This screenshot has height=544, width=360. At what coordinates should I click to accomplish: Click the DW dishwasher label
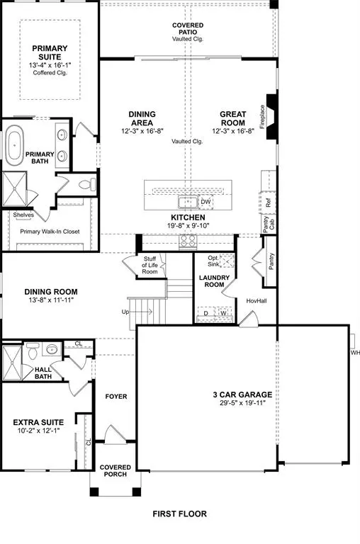(206, 202)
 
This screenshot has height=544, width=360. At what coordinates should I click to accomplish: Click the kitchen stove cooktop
(188, 241)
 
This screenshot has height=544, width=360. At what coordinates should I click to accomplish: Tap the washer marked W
(223, 312)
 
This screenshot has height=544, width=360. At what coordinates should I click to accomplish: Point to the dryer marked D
(206, 312)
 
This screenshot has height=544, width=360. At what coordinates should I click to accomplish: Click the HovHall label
(256, 300)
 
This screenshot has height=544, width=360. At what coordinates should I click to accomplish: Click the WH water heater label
(354, 352)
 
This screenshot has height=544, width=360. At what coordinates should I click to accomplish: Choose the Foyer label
(115, 396)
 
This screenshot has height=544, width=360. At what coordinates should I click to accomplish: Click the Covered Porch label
(113, 470)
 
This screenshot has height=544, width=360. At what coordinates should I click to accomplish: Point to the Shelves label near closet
(23, 215)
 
